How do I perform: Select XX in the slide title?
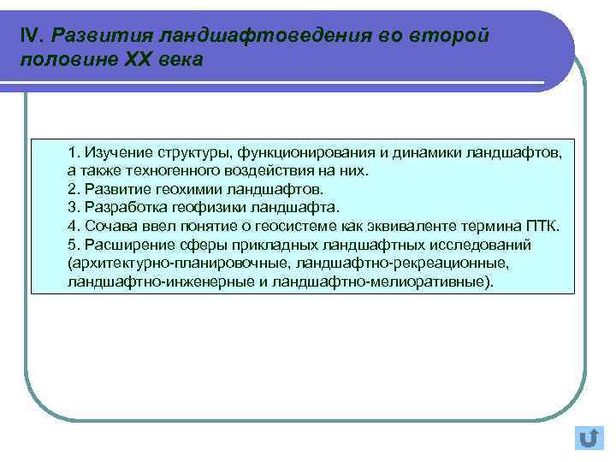141,61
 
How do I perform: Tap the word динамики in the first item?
428,152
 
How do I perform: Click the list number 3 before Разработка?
73,207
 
